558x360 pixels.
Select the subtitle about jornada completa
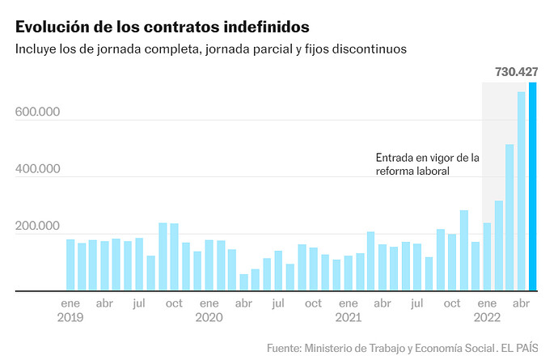[x=210, y=49]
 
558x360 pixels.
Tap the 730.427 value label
[x=516, y=72]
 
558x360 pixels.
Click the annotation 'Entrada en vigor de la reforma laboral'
[x=428, y=164]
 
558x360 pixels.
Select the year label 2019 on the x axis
[x=70, y=318]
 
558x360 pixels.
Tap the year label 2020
[x=209, y=318]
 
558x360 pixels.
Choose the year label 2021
[x=348, y=318]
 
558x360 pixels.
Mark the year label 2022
[x=487, y=318]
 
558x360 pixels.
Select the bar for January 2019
[x=70, y=265]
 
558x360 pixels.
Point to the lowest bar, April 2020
[x=243, y=282]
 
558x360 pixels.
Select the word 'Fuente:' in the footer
[x=284, y=348]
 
